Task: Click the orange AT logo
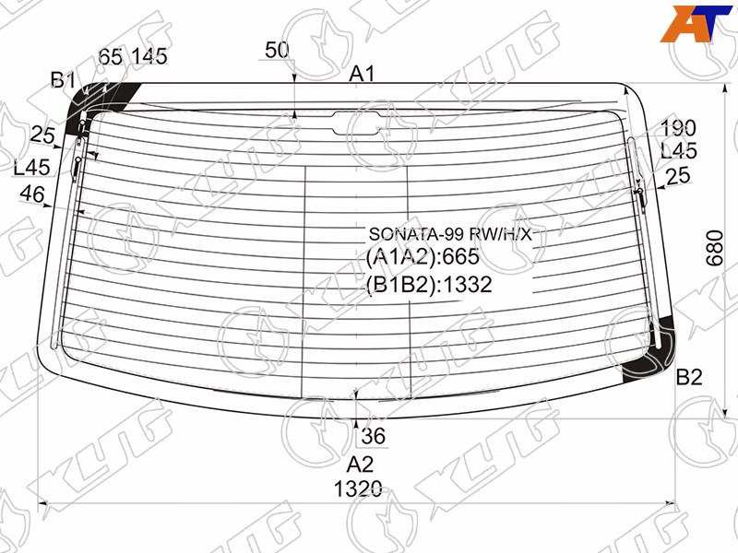pyautogui.click(x=696, y=24)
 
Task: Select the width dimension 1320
pyautogui.click(x=358, y=489)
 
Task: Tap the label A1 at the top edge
pyautogui.click(x=362, y=74)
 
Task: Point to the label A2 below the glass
pyautogui.click(x=360, y=465)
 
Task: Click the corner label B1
pyautogui.click(x=63, y=80)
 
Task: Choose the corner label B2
pyautogui.click(x=689, y=377)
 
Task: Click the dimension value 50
pyautogui.click(x=277, y=50)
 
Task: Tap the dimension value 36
pyautogui.click(x=374, y=436)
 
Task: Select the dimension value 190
pyautogui.click(x=678, y=128)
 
